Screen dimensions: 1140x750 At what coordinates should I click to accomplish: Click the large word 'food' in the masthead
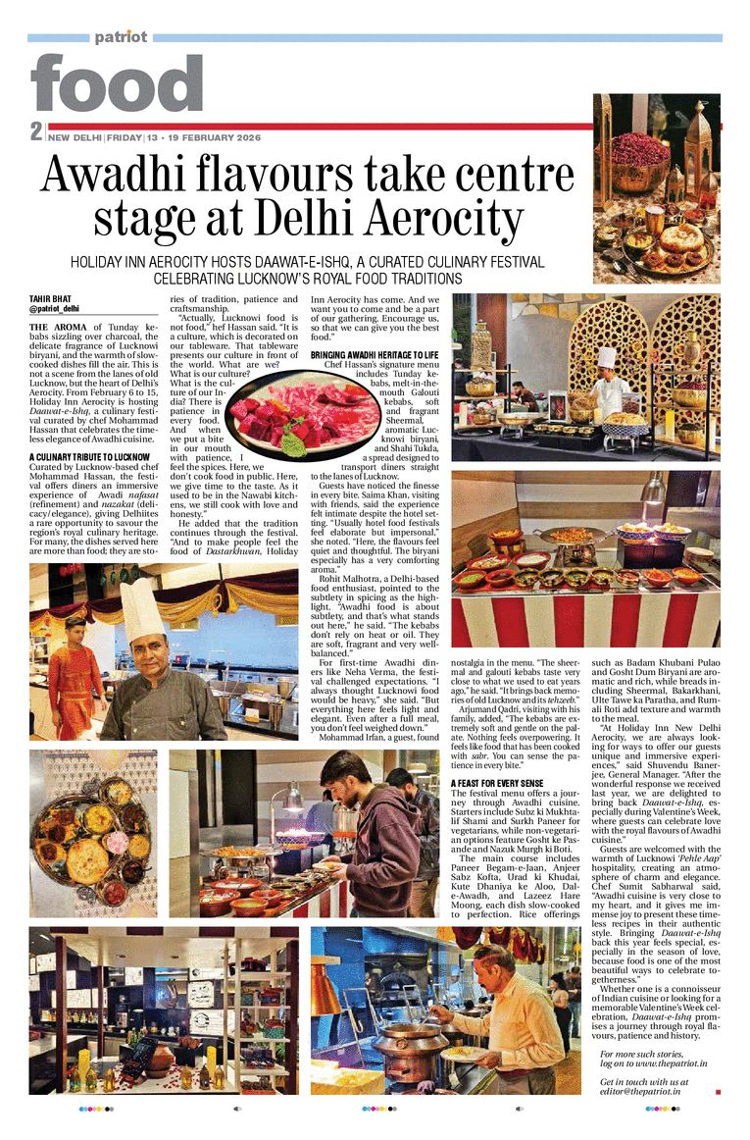[x=117, y=84]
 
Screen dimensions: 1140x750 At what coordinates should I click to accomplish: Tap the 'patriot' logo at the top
[x=121, y=37]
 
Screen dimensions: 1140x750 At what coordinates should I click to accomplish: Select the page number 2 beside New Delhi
[x=35, y=131]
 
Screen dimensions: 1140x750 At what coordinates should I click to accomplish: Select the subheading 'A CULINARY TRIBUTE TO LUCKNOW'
[x=89, y=457]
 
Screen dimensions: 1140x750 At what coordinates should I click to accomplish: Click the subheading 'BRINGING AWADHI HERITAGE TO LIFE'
[x=374, y=354]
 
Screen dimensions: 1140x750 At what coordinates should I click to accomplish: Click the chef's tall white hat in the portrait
[x=141, y=608]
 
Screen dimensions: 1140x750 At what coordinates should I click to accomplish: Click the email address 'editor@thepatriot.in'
[x=641, y=1091]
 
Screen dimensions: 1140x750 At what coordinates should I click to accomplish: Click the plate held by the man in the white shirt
[x=461, y=1052]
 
